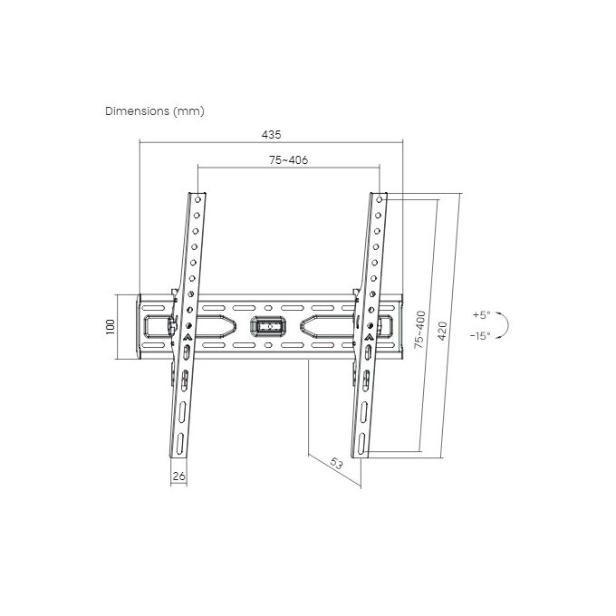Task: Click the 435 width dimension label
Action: (x=272, y=135)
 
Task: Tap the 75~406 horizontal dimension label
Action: (x=288, y=160)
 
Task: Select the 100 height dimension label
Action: (x=111, y=327)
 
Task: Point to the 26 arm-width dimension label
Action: (x=178, y=476)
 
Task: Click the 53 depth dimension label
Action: (x=336, y=464)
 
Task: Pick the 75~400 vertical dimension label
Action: (x=420, y=330)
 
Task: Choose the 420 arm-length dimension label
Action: (x=442, y=331)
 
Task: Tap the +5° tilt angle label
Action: (x=482, y=315)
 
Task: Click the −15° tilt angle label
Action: (x=480, y=336)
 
